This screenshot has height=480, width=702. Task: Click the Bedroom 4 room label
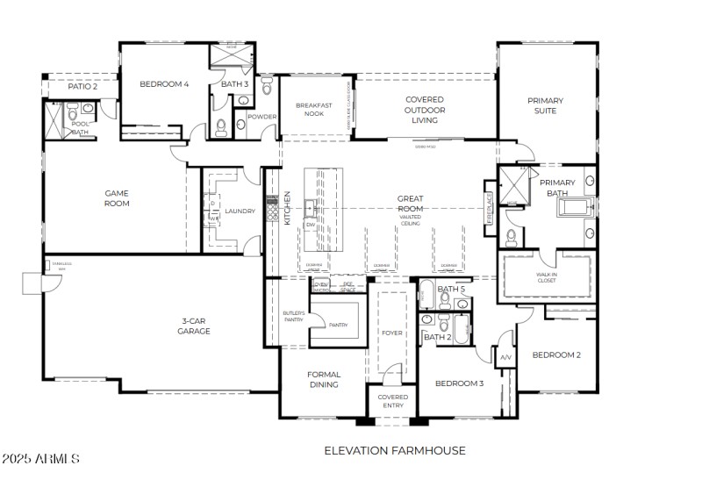[x=164, y=84]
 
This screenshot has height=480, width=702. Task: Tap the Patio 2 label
[x=82, y=86]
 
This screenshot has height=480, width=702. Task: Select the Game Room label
[x=117, y=198]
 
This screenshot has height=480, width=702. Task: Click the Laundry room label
[x=239, y=211]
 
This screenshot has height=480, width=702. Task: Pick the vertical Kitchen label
[x=287, y=209]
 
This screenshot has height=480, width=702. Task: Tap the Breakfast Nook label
[x=313, y=111]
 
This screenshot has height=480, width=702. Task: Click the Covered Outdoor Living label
[x=424, y=110]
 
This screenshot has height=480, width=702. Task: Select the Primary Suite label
[x=545, y=105]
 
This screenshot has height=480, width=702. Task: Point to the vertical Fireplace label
[x=490, y=208]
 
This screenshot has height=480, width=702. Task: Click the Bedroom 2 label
[x=556, y=355]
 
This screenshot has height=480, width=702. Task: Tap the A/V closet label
[x=505, y=358]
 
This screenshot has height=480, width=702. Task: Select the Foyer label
[x=390, y=333]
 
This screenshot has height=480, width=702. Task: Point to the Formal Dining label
[x=323, y=379]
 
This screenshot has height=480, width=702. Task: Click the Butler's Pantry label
[x=292, y=316]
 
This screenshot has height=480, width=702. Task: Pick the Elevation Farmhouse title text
[x=395, y=450]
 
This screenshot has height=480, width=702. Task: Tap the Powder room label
[x=261, y=117]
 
